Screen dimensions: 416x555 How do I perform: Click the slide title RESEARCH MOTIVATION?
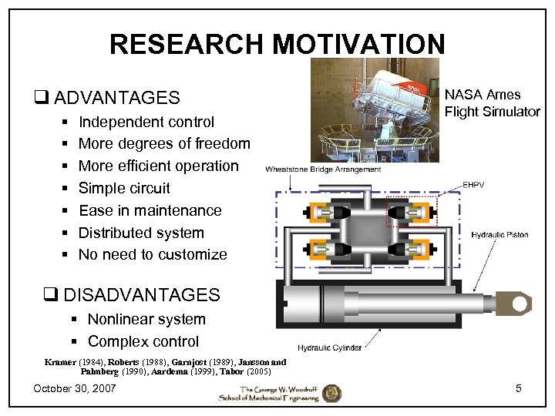277,44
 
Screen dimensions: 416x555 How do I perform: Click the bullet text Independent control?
146,122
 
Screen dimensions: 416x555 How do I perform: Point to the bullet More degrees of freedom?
164,143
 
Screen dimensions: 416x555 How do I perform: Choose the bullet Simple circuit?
124,188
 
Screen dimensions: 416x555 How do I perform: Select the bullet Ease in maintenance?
150,210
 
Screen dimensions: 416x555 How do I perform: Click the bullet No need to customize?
153,254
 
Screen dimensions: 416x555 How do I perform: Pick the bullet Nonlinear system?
146,319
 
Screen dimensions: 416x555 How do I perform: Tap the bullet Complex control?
143,341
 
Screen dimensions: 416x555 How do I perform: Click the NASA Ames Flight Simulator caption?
493,103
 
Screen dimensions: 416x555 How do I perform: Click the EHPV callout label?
474,185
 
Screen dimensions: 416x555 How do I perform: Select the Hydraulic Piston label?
499,234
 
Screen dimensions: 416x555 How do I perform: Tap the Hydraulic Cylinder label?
329,348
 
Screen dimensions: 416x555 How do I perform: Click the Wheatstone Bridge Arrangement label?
323,169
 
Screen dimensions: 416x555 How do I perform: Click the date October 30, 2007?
75,388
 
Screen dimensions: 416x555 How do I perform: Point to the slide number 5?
519,388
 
